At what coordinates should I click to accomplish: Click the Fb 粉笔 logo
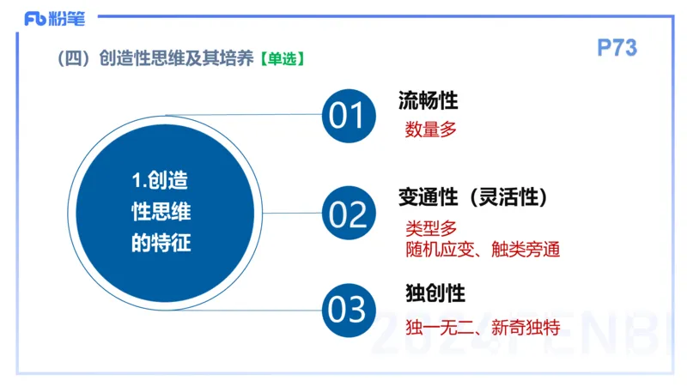(x=54, y=16)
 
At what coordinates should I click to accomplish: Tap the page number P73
(x=617, y=48)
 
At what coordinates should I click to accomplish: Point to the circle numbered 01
(x=348, y=115)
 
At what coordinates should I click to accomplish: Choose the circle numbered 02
(x=348, y=214)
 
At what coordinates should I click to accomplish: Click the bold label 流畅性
(x=428, y=100)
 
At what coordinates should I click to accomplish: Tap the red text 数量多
(x=431, y=130)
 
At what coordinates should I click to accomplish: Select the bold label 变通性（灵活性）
(x=473, y=197)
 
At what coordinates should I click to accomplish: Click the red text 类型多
(x=431, y=228)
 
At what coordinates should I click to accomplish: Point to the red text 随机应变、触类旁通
(x=483, y=250)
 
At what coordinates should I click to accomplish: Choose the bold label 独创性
(x=435, y=293)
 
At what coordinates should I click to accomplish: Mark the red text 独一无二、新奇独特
(x=483, y=327)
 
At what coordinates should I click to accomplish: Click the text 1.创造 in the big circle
(x=161, y=181)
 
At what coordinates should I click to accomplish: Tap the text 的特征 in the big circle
(x=161, y=243)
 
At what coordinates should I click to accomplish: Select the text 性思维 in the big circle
(x=161, y=212)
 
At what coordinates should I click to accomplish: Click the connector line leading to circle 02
(x=288, y=213)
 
